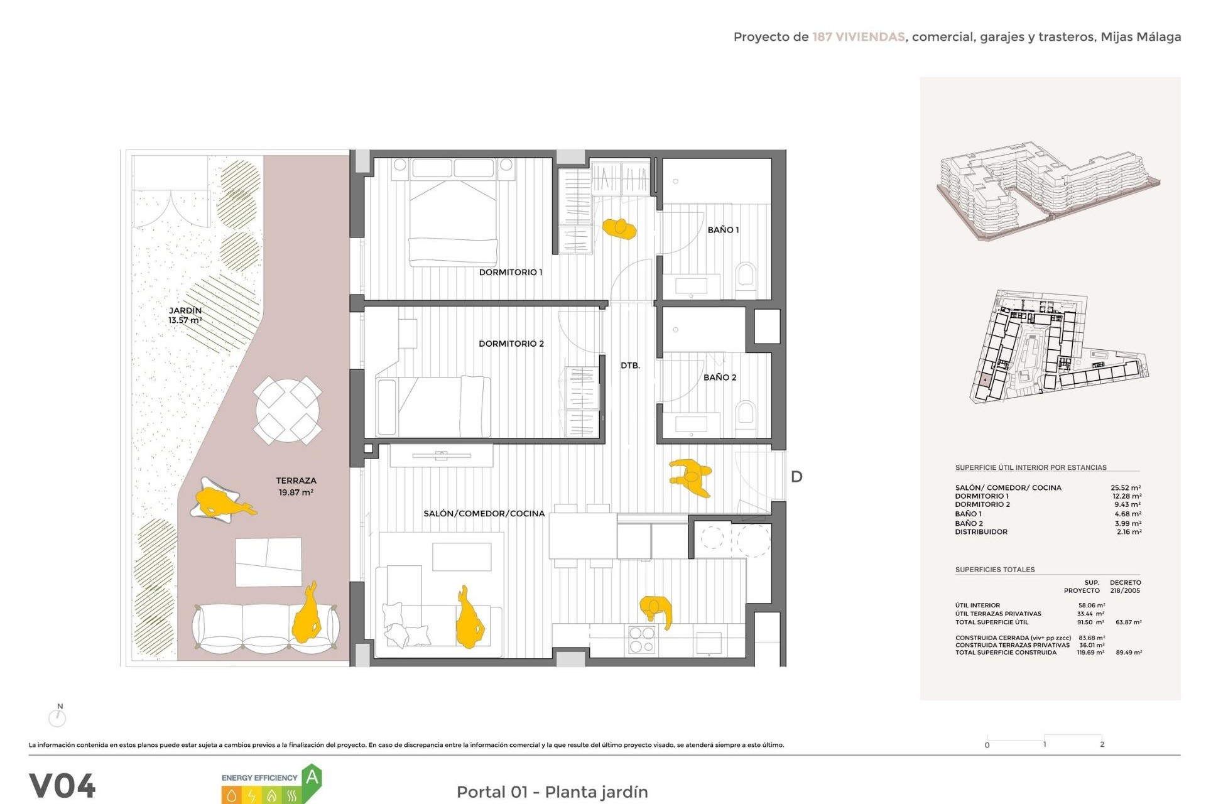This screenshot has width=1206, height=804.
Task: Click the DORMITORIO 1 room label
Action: tap(510, 272)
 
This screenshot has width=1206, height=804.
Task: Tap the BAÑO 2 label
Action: tap(719, 378)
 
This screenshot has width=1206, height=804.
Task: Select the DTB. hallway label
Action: tap(630, 366)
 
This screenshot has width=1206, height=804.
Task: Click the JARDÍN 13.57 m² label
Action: tap(185, 315)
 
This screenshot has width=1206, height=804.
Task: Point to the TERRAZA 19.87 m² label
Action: tap(296, 486)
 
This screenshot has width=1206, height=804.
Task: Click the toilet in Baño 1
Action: tap(746, 275)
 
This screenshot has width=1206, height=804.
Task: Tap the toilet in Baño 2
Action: tap(746, 413)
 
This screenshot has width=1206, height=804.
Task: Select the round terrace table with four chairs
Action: tap(288, 410)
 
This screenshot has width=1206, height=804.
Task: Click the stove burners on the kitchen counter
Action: tap(641, 640)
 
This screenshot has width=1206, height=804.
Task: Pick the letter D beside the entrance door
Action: tap(796, 477)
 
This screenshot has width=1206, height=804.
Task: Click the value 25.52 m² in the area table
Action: tap(1126, 487)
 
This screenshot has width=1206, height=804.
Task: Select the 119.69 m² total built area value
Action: tap(1090, 653)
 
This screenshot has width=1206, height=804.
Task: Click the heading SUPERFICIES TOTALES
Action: tap(994, 570)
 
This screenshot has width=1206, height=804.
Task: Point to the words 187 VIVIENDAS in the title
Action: tap(858, 37)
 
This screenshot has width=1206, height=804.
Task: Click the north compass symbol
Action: tap(57, 717)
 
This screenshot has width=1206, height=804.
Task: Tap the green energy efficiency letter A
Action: tap(312, 778)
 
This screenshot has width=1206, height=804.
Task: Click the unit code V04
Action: tap(62, 786)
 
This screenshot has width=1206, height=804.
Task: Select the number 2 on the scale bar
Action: tap(1102, 744)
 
